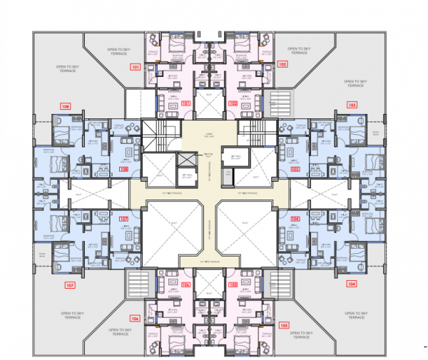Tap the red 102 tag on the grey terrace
click(x=282, y=64)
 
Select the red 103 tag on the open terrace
click(x=352, y=105)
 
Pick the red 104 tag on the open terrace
click(x=351, y=284)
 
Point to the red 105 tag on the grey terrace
click(x=284, y=325)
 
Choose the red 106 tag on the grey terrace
click(x=134, y=319)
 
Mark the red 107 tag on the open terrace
click(x=69, y=286)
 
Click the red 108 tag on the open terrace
click(x=66, y=106)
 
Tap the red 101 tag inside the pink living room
click(x=185, y=103)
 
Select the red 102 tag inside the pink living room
click(x=233, y=103)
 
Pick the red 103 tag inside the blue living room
click(x=295, y=169)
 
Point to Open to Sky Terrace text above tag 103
click(x=355, y=83)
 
